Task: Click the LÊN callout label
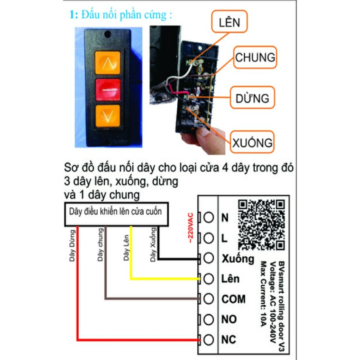229,22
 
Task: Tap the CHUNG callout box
255,57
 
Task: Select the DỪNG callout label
252,98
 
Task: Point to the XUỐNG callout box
252,142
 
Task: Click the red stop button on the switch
108,90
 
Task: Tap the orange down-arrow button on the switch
108,116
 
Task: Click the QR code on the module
261,224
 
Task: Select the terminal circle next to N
208,217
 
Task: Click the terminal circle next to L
208,238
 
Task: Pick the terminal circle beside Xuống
208,258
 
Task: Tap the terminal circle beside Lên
208,279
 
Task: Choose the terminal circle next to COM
208,299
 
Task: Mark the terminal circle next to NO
208,319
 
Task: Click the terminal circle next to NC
208,340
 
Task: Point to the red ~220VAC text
191,228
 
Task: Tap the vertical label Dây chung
100,245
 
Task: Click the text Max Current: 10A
263,294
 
